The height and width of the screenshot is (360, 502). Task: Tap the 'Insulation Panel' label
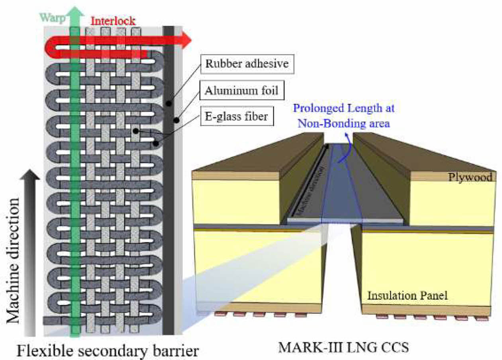pos(407,295)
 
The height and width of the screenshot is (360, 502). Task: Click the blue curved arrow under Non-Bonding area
pos(346,149)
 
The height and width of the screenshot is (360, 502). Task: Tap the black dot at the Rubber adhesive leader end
pos(169,104)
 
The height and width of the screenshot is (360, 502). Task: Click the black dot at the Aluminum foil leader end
pos(176,119)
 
